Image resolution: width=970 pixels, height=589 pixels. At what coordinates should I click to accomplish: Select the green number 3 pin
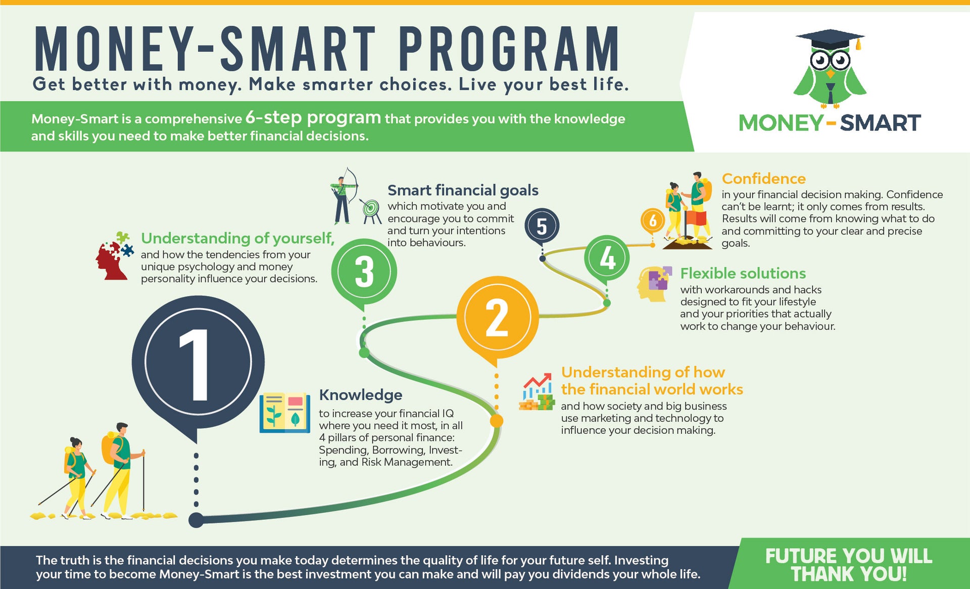(x=364, y=272)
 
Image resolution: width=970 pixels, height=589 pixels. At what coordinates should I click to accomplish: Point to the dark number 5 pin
(x=542, y=226)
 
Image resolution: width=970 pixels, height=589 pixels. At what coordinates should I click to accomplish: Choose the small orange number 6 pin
(x=653, y=220)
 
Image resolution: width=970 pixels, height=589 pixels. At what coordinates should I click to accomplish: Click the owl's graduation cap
(x=830, y=39)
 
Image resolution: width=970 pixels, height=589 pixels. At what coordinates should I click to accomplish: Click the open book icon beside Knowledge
(x=285, y=413)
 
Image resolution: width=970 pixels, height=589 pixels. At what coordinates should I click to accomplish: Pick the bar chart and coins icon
(x=537, y=392)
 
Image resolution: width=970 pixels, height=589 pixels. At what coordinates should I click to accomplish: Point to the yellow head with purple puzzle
(x=654, y=284)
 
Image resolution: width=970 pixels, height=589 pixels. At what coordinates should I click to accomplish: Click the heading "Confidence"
(x=763, y=178)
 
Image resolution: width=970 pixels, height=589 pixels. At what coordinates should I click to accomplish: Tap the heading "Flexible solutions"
(x=743, y=273)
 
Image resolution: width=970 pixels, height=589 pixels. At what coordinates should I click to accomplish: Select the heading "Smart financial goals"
(x=463, y=190)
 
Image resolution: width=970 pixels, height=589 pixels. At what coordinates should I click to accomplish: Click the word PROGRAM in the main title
(x=509, y=49)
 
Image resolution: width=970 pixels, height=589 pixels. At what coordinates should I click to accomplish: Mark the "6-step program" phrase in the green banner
(x=313, y=117)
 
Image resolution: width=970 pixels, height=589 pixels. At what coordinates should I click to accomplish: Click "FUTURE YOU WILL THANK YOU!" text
(x=849, y=565)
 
